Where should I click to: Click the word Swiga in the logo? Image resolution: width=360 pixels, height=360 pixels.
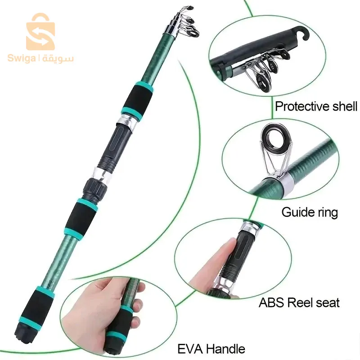tap(21, 58)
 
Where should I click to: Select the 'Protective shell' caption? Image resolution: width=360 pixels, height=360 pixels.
tap(316, 107)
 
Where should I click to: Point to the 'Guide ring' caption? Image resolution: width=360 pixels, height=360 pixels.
tap(310, 212)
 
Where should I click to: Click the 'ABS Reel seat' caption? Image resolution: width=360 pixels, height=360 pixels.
tap(299, 302)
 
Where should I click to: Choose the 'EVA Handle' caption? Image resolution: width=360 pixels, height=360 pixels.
tap(211, 348)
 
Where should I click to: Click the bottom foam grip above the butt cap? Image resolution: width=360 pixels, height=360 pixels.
tap(39, 308)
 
